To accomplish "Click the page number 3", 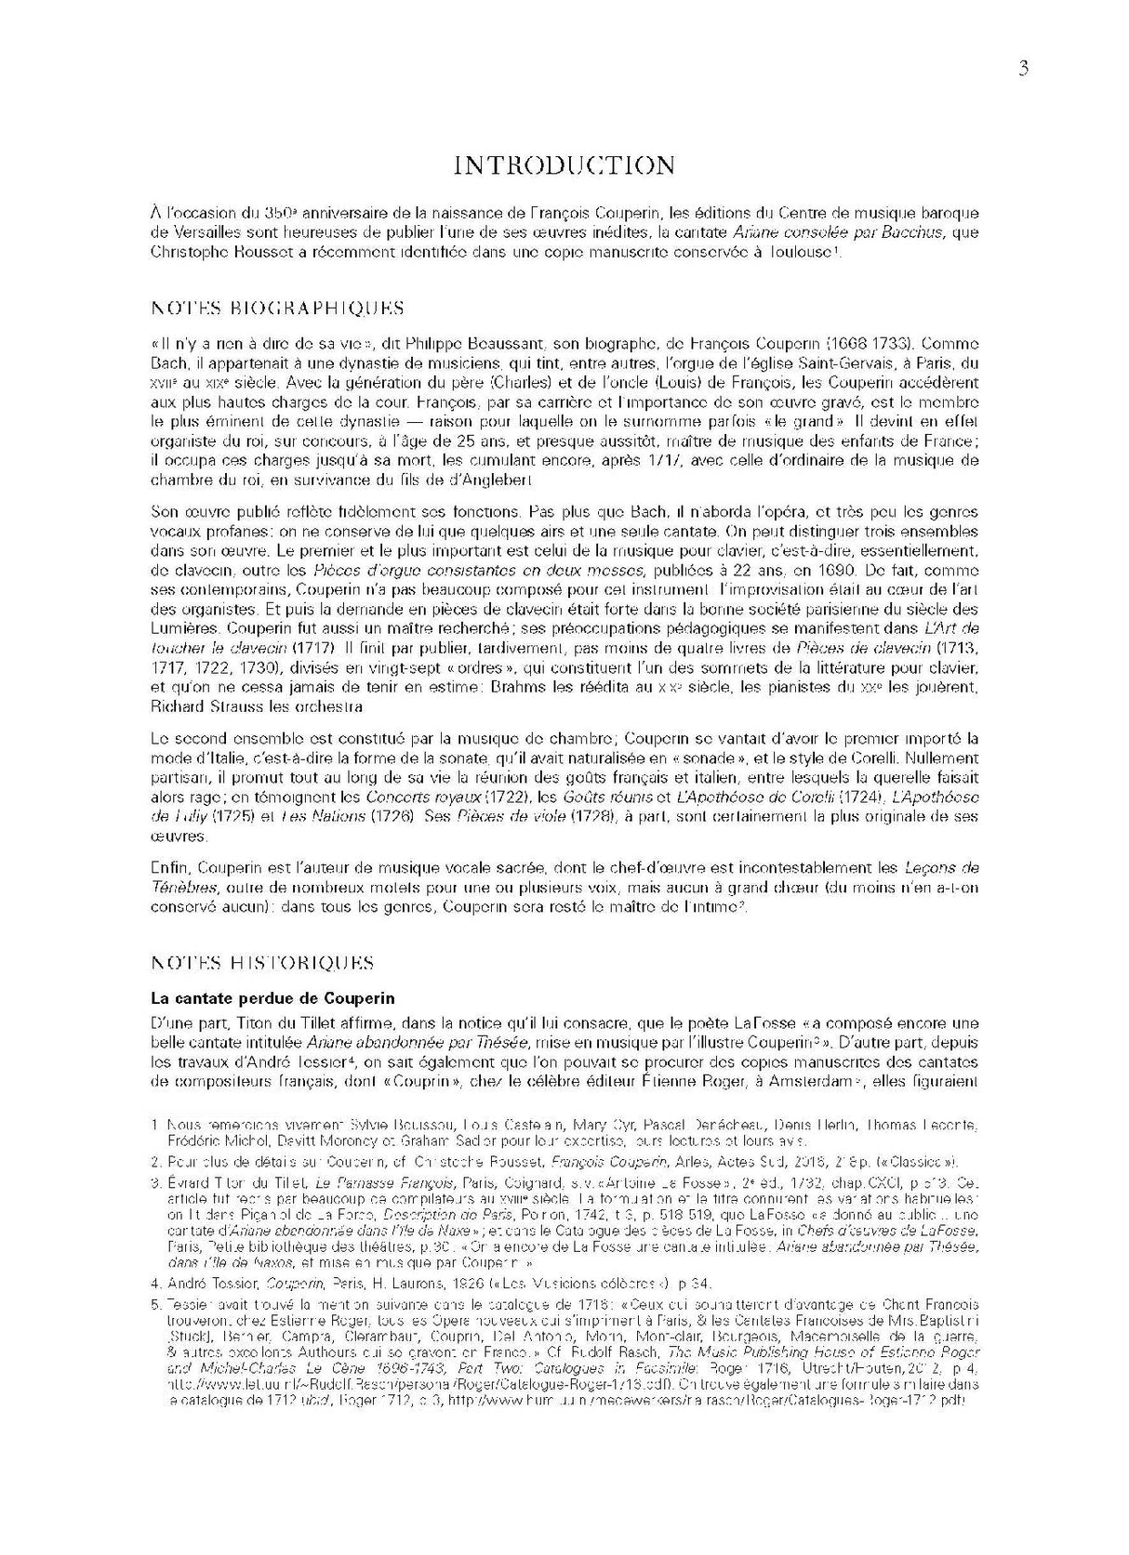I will pyautogui.click(x=1023, y=68).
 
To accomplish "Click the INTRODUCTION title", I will pyautogui.click(x=564, y=165).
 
